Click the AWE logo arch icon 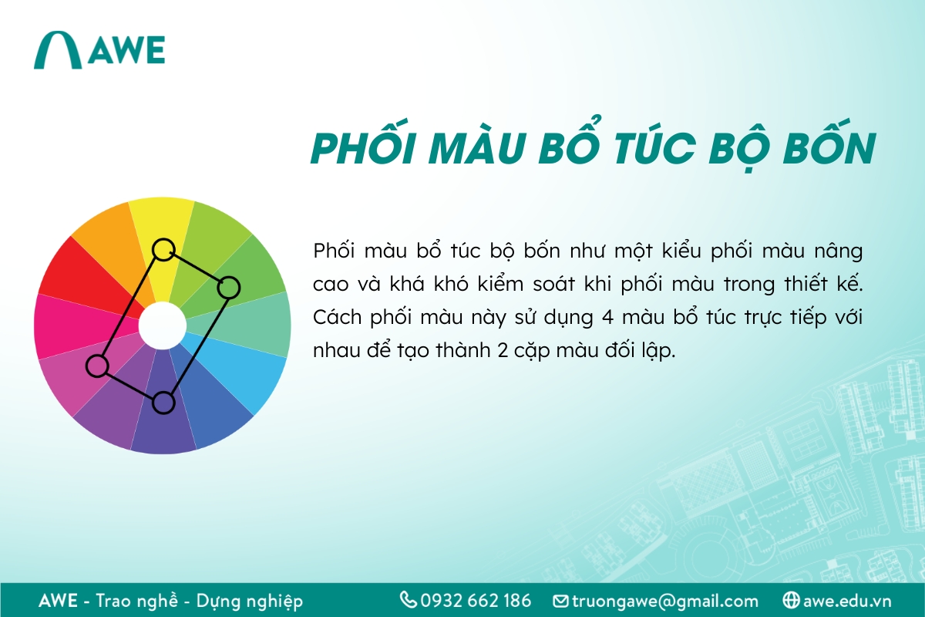pos(58,51)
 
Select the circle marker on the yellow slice pos(163,249)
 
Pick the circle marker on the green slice pos(229,288)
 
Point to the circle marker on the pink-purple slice pos(97,366)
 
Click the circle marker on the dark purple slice pos(163,402)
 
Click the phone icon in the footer pos(408,600)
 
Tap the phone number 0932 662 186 pos(476,601)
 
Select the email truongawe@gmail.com pos(665,601)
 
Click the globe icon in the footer pos(790,600)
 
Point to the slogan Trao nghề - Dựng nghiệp pos(200,601)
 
